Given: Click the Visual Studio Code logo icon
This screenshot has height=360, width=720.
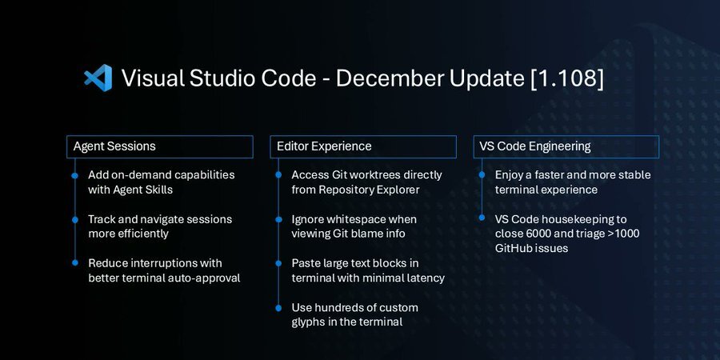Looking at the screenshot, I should click(x=98, y=78).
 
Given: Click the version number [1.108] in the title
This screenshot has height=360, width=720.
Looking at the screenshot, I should click(x=576, y=78).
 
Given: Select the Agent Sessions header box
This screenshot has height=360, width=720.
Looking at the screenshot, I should click(x=159, y=146).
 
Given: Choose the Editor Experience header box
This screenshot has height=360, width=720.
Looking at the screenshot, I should click(x=362, y=146).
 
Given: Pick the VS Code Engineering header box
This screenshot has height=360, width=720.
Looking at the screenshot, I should click(x=566, y=146).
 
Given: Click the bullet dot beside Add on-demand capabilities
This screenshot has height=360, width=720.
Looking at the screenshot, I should click(x=74, y=174).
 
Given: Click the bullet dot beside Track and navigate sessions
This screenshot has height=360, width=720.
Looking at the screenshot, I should click(x=74, y=218).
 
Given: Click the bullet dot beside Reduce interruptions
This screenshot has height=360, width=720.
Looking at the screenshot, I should click(x=74, y=262).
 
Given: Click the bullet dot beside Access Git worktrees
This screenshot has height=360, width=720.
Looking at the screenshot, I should click(x=278, y=174).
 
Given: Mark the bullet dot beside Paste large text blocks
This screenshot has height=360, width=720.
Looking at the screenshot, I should click(x=278, y=262).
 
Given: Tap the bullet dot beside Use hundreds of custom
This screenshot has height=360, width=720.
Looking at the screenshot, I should click(x=278, y=307).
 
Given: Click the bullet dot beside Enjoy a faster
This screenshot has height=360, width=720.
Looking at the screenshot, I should click(x=482, y=174).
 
